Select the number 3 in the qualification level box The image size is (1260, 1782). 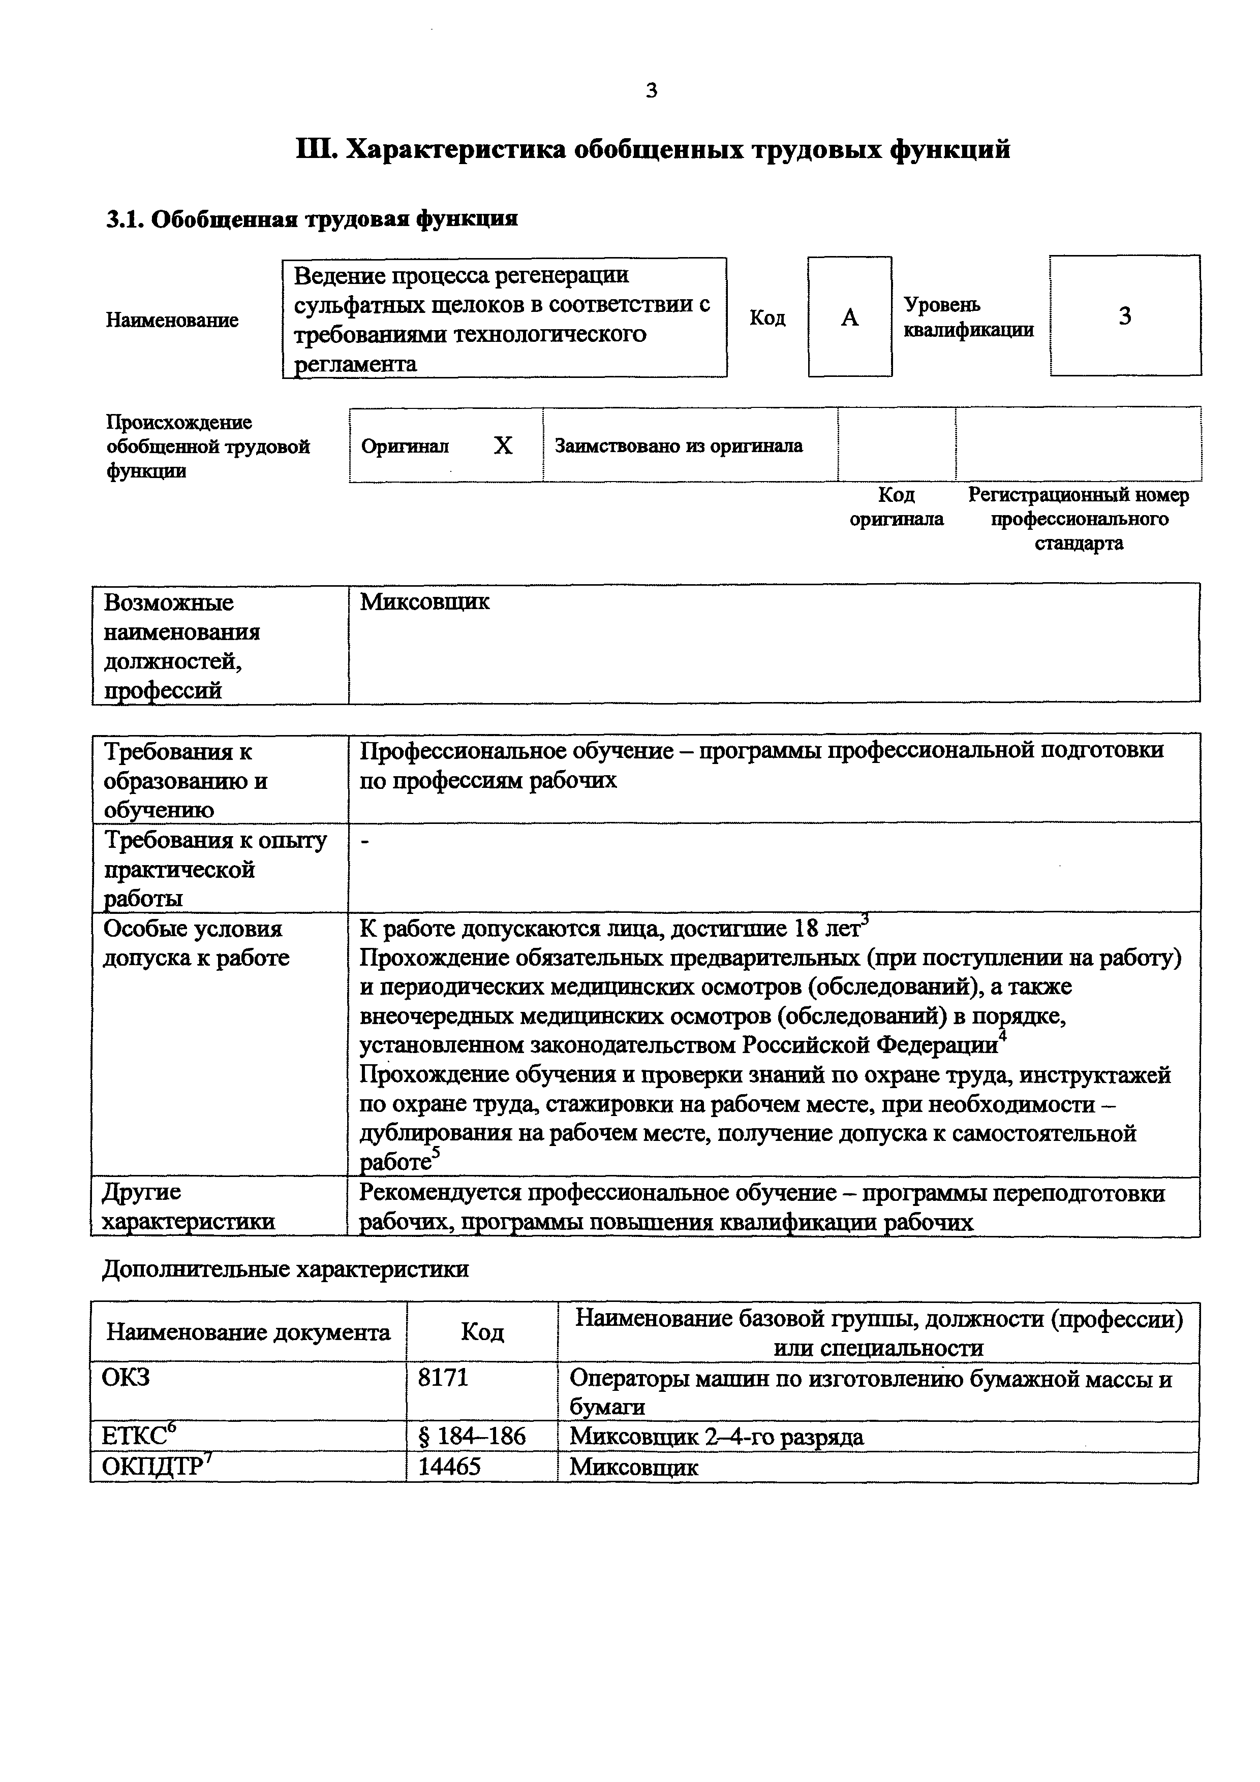[1124, 316]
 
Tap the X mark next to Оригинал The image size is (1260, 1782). [503, 445]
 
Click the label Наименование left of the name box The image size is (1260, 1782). [172, 320]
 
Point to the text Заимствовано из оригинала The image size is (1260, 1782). [678, 445]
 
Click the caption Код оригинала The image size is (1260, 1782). [896, 507]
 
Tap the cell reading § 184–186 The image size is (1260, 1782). [472, 1437]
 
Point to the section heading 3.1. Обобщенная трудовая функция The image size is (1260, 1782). [311, 219]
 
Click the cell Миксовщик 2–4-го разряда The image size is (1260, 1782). [716, 1437]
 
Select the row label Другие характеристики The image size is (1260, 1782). [189, 1207]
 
